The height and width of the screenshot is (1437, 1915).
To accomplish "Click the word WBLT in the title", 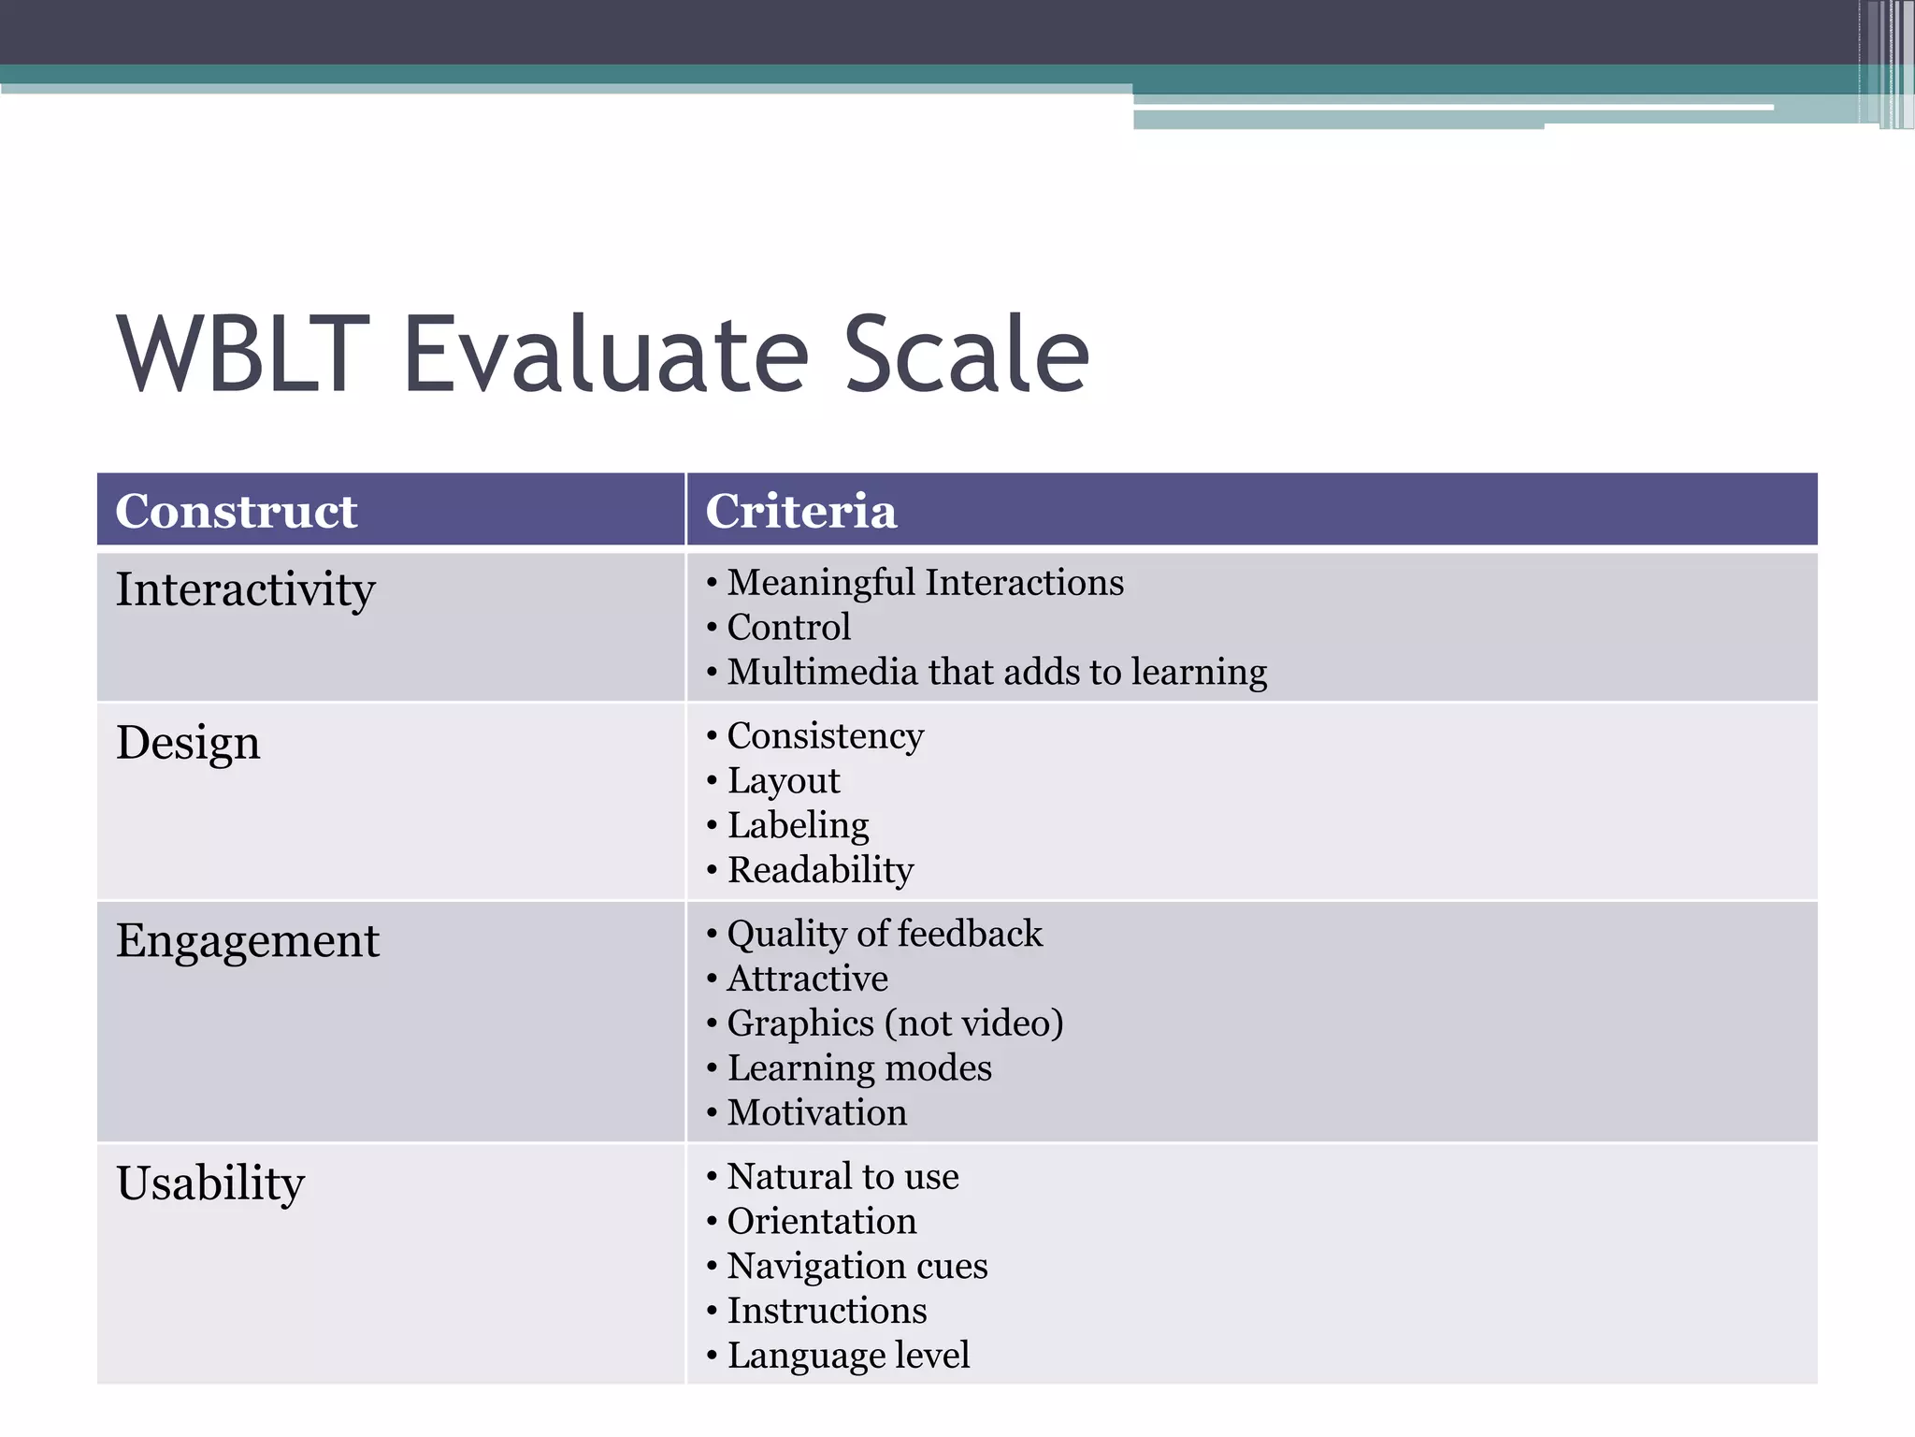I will coord(243,355).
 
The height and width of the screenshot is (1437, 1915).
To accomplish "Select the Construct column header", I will coord(236,511).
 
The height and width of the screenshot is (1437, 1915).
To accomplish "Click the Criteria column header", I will coord(800,511).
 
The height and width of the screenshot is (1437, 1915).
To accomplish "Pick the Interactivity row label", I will coord(245,590).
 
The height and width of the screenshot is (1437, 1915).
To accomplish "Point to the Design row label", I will coord(188,744).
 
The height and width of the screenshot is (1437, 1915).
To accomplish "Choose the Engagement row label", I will coord(248,941).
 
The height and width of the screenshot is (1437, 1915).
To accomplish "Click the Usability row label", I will coord(210,1183).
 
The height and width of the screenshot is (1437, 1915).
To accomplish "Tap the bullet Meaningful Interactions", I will coord(925,583).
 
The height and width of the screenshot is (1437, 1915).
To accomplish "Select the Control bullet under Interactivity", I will coord(788,628).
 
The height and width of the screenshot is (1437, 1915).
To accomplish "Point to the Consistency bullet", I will coord(825,736).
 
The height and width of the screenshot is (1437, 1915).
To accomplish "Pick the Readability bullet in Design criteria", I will coord(820,871).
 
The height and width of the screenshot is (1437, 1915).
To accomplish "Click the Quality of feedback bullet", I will coord(884,935).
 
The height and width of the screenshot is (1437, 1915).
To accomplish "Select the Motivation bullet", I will coord(816,1113).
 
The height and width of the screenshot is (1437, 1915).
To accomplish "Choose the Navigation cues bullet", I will coord(857,1267).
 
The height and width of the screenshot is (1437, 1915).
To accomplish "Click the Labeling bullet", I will coord(798,826).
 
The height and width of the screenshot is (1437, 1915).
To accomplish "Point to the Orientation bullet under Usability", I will coord(821,1222).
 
